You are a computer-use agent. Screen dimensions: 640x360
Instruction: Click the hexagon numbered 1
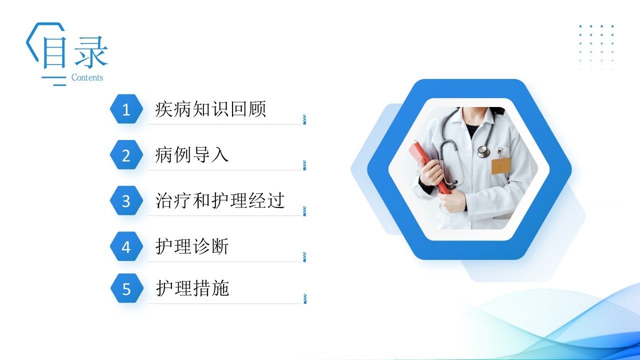tap(126, 109)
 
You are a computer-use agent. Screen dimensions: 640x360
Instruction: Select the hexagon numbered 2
tap(126, 154)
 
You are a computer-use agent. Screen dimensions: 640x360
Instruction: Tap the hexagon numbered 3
tap(126, 200)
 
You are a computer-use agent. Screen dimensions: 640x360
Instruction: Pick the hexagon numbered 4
tap(126, 246)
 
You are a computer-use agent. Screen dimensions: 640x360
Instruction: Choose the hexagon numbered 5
tap(127, 288)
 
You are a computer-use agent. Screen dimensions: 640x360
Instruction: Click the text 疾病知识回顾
tap(210, 109)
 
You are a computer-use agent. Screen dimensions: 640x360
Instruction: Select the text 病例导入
tap(191, 154)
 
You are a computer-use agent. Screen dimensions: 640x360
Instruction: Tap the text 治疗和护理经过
tap(220, 200)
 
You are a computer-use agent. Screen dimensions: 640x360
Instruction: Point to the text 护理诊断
tap(191, 246)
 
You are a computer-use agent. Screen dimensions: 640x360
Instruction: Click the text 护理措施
tap(192, 288)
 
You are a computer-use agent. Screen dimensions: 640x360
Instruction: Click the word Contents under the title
tap(87, 77)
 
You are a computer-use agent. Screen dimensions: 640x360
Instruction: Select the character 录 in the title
tap(91, 52)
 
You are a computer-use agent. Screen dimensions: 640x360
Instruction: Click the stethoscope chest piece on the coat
tap(483, 151)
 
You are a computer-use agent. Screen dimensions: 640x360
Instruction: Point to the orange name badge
tap(501, 165)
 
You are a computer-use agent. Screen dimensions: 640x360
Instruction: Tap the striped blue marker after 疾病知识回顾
tap(304, 119)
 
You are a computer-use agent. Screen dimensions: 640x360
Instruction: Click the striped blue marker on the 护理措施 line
tap(305, 299)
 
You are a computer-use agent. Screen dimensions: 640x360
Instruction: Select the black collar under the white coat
tap(472, 130)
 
